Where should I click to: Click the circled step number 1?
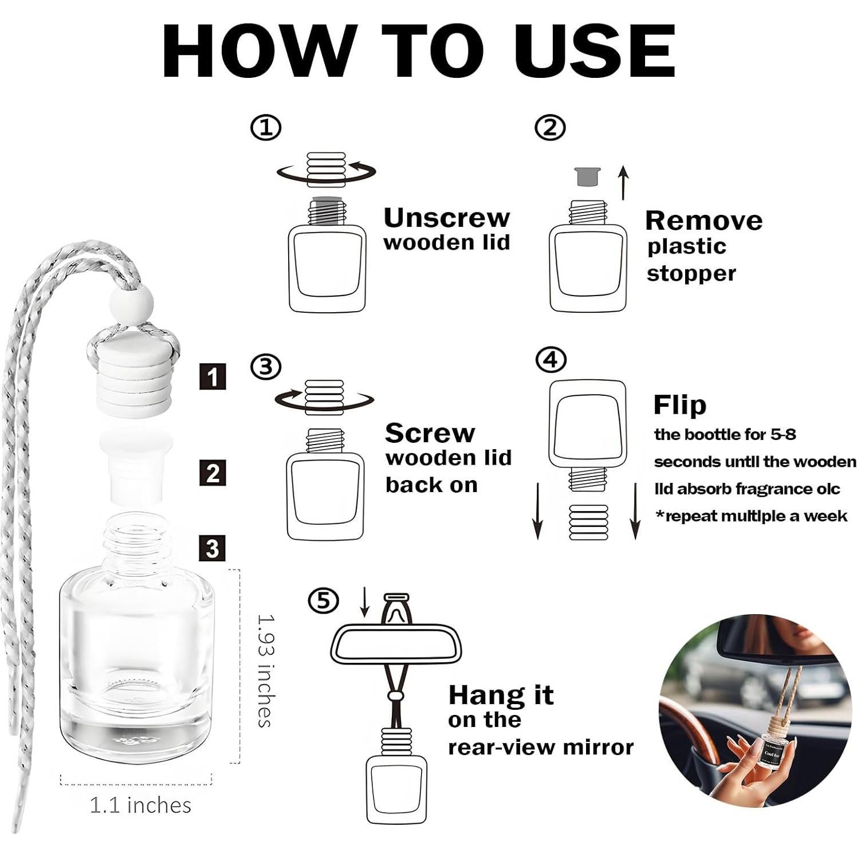[x=266, y=128]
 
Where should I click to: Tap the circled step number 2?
[x=550, y=127]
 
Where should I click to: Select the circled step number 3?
[x=266, y=367]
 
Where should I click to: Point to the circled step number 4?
[x=551, y=360]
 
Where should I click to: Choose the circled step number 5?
[x=324, y=601]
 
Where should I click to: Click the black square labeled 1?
[x=213, y=377]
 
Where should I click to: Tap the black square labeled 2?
[x=213, y=473]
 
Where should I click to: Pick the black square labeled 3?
[x=213, y=549]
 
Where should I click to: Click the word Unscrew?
[x=447, y=218]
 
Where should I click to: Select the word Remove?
[x=704, y=221]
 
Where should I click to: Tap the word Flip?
[x=680, y=406]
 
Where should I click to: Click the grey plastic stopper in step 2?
[x=587, y=176]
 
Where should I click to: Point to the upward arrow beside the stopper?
[x=624, y=183]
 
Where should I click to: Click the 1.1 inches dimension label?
[x=140, y=805]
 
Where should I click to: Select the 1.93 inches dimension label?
[x=265, y=671]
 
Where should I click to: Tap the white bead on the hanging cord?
[x=132, y=304]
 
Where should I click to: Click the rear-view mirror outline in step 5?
[x=396, y=643]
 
